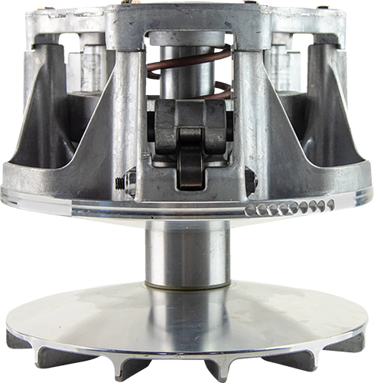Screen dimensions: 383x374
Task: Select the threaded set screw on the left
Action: (119, 183)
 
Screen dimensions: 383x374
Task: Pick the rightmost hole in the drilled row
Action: (330, 204)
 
